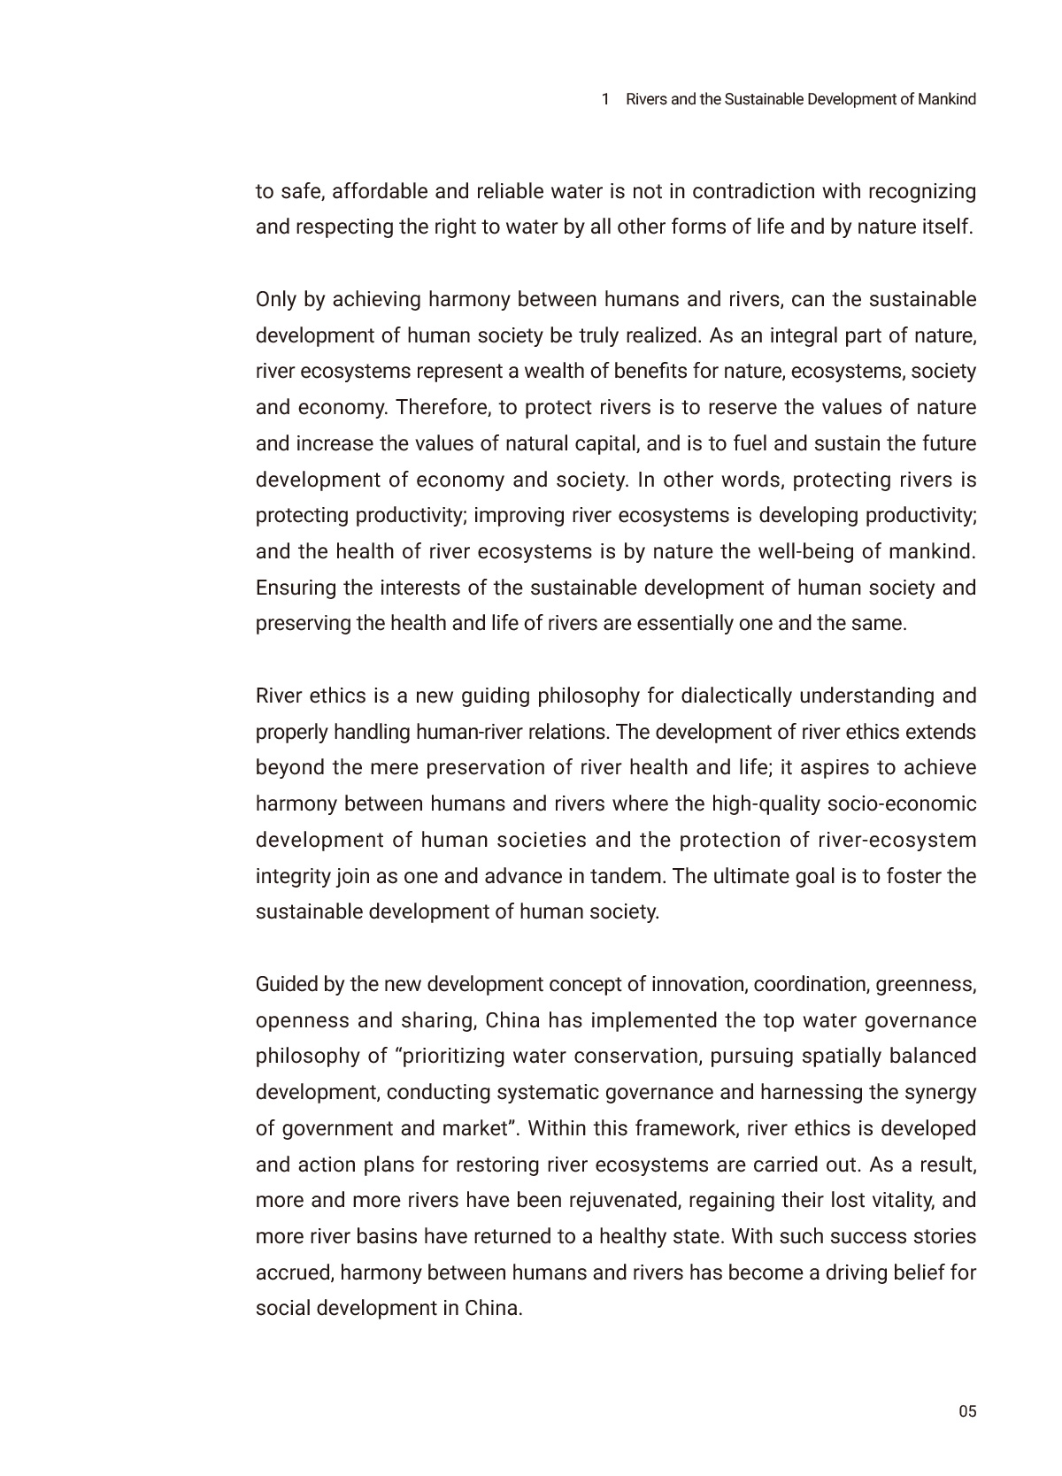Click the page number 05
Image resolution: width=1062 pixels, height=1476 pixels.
967,1411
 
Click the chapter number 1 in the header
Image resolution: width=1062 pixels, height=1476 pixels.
605,99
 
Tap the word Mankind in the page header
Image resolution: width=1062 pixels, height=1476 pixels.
947,99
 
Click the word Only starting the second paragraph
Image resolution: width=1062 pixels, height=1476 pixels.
275,299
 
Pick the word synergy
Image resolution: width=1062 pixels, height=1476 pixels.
944,1092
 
